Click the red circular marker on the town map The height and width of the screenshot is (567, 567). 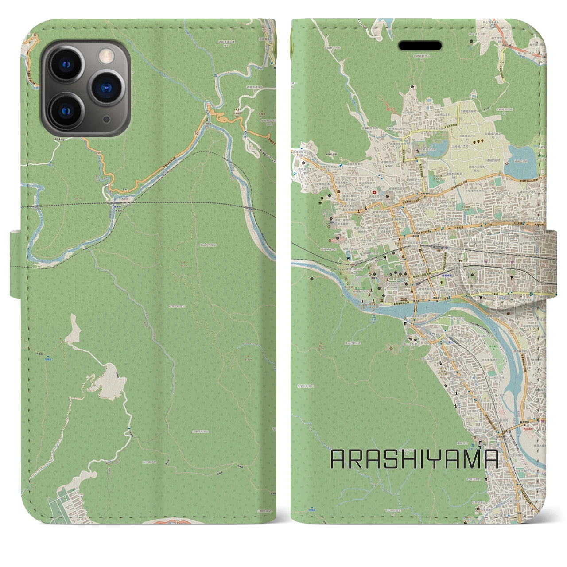pyautogui.click(x=375, y=193)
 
